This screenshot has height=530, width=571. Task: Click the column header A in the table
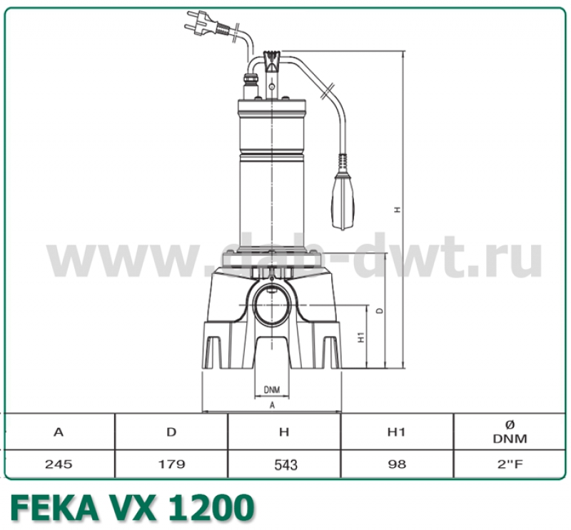point(59,432)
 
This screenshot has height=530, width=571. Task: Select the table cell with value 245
point(59,464)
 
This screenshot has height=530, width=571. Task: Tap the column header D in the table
point(171,432)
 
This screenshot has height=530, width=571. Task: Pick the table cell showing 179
point(171,464)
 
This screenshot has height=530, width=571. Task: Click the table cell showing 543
point(284,464)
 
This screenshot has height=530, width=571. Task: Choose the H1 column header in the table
point(397,432)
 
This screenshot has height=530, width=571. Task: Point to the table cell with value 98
point(397,464)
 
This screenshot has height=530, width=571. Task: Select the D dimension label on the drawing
point(380,311)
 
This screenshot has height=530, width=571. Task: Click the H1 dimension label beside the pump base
point(362,337)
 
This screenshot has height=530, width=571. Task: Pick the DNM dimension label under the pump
point(271,389)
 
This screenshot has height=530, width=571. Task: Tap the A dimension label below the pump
point(272,404)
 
